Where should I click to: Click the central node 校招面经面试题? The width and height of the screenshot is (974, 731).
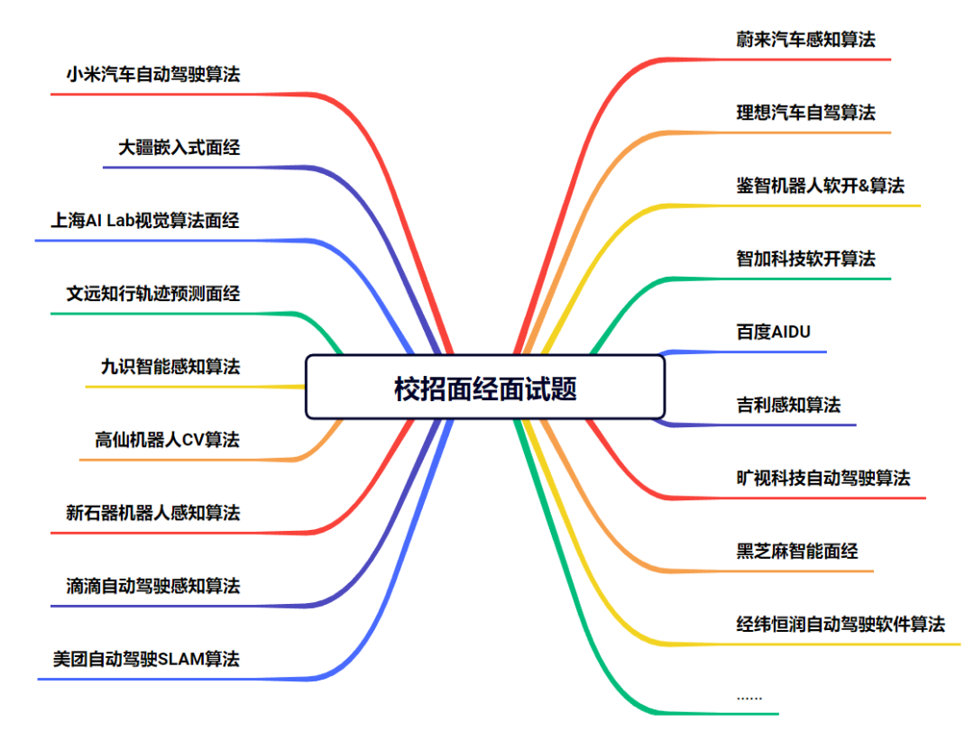click(485, 388)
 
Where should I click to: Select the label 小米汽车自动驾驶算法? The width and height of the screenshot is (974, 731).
click(153, 74)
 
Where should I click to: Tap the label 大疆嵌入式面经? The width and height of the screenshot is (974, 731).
click(179, 147)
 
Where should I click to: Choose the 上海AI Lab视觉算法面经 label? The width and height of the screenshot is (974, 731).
click(146, 220)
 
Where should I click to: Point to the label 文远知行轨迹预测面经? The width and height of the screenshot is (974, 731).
click(153, 294)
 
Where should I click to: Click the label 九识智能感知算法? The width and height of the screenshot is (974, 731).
click(170, 367)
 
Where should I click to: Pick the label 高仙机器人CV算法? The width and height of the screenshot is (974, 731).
click(167, 440)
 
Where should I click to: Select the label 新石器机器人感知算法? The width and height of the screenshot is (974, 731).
click(153, 513)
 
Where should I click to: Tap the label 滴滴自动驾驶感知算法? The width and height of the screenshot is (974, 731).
click(153, 586)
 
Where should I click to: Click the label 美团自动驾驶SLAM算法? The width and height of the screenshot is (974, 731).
click(146, 659)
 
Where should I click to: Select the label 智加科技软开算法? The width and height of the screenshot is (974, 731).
click(805, 259)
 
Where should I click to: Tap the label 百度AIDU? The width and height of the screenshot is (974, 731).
click(773, 332)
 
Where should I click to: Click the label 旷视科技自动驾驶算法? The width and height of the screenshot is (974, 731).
click(822, 478)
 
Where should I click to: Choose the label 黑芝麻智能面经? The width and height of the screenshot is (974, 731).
click(797, 551)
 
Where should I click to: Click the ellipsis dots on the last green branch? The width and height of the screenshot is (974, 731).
click(749, 697)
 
